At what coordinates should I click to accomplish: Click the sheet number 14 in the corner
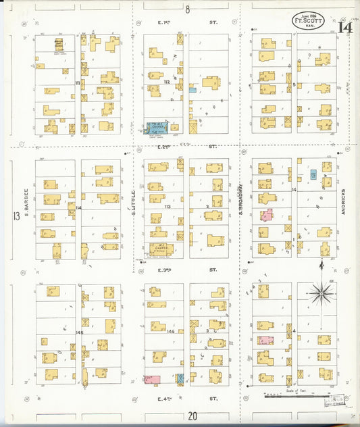point(345,28)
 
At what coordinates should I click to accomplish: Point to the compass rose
point(322,293)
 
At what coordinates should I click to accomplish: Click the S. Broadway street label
point(241,199)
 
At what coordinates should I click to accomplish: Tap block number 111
point(78,83)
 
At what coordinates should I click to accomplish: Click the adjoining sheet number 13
point(16,216)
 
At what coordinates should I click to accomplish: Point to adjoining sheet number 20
point(192,417)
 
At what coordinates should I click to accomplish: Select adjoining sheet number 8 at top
point(188,9)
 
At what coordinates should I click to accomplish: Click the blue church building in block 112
point(157,126)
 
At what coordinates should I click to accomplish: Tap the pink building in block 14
point(267,216)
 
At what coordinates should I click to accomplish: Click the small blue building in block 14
point(313,174)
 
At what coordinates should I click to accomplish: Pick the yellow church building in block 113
point(161,249)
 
